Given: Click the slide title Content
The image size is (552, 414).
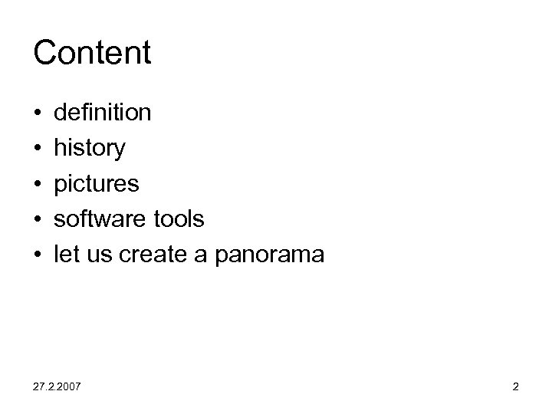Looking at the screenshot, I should [x=93, y=53].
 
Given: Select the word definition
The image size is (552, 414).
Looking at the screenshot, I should [x=103, y=113].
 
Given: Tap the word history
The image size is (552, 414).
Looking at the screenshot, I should [x=90, y=149].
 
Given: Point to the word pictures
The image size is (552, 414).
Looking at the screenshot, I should [x=97, y=184].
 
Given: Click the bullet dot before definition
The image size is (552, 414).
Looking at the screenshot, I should [x=38, y=114].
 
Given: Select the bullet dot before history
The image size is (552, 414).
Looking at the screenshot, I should [x=38, y=149].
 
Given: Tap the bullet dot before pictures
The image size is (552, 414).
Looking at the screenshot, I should [x=38, y=185].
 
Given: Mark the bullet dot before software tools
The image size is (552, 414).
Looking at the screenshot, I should [x=38, y=220].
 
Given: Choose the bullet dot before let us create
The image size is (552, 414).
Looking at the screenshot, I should [x=38, y=255].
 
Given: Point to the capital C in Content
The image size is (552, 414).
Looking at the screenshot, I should [x=45, y=53].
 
